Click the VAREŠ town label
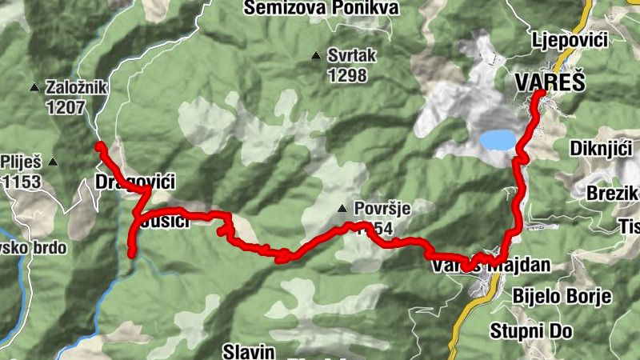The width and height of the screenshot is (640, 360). point(552,82)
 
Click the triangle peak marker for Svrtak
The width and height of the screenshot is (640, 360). point(317,57)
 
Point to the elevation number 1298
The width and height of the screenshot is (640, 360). point(346,76)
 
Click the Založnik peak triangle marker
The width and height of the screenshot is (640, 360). point(34,88)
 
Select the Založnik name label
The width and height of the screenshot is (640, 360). point(74,88)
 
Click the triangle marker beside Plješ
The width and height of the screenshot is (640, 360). point(53,162)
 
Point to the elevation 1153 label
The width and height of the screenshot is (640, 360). point(22,182)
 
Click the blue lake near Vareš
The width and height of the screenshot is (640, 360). point(497,141)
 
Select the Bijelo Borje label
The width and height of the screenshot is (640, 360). point(562,297)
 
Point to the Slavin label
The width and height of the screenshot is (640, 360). point(249,351)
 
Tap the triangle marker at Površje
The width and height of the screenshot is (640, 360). point(342,210)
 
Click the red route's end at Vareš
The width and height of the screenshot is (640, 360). point(541,94)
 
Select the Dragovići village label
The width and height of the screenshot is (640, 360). point(134,180)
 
